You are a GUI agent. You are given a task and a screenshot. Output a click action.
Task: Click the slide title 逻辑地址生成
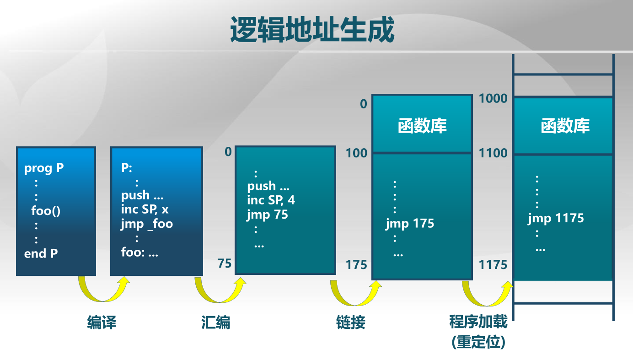312,31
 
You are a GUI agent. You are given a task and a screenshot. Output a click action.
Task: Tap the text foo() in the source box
46,211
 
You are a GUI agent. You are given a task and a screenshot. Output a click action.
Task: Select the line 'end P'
41,253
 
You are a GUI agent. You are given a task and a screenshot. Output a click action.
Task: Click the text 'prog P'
44,168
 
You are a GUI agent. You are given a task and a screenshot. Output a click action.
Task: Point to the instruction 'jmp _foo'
147,224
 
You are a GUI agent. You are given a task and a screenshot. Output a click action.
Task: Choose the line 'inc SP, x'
145,210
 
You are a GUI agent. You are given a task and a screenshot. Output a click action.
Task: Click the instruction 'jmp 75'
268,215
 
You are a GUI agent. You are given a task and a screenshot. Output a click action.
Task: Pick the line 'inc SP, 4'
271,200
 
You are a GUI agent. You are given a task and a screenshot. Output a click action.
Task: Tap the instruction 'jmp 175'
410,224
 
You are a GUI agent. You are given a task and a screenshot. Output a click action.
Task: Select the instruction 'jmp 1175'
556,218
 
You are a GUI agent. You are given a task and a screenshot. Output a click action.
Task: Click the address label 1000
493,98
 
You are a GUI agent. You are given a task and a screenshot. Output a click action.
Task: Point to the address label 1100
493,153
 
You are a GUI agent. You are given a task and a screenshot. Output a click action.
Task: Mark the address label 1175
493,265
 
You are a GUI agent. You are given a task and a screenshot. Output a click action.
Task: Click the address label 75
224,264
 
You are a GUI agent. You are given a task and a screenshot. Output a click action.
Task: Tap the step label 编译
102,322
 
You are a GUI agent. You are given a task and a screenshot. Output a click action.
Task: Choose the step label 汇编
215,322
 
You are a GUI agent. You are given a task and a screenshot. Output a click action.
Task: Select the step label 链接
351,322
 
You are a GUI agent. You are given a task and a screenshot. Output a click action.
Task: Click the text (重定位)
478,342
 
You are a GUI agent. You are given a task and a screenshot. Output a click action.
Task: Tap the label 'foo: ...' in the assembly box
139,253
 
